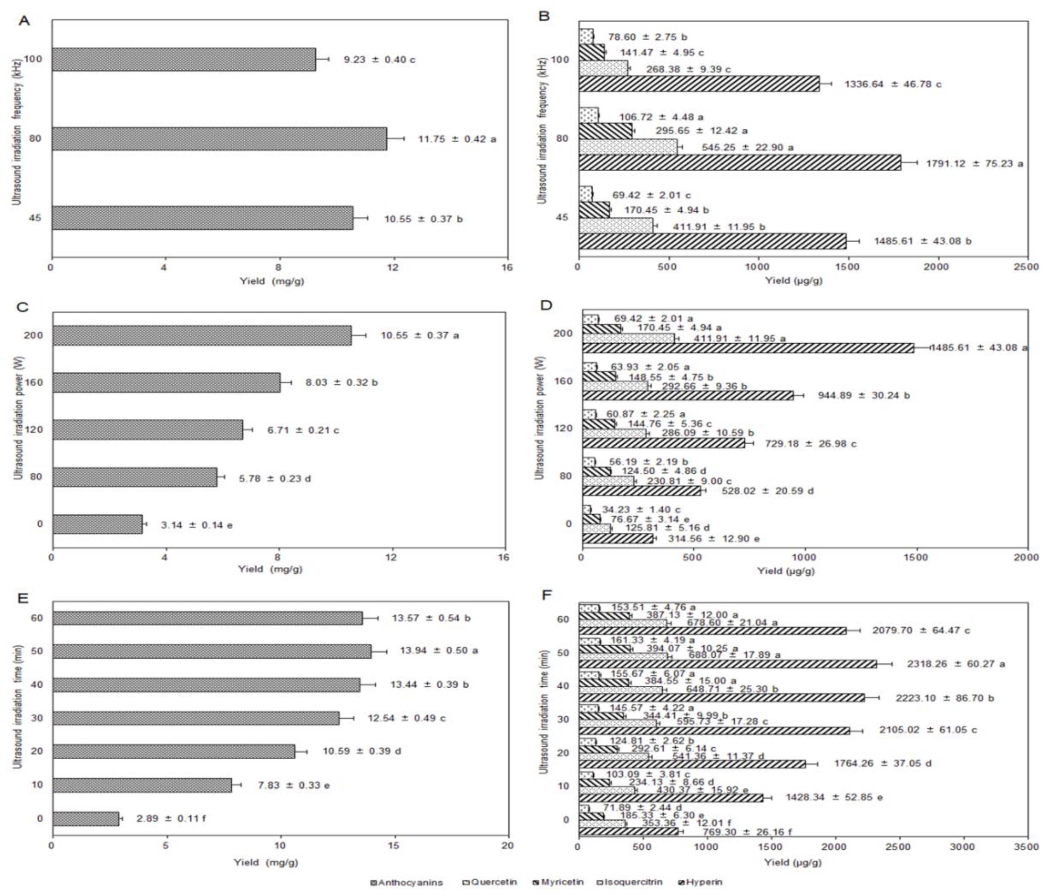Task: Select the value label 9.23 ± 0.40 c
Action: pyautogui.click(x=380, y=60)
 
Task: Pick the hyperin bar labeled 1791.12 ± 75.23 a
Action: pyautogui.click(x=739, y=163)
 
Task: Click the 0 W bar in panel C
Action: pyautogui.click(x=97, y=524)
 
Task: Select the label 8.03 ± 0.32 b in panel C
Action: pyautogui.click(x=342, y=382)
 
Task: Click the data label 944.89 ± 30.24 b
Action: pyautogui.click(x=864, y=395)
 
